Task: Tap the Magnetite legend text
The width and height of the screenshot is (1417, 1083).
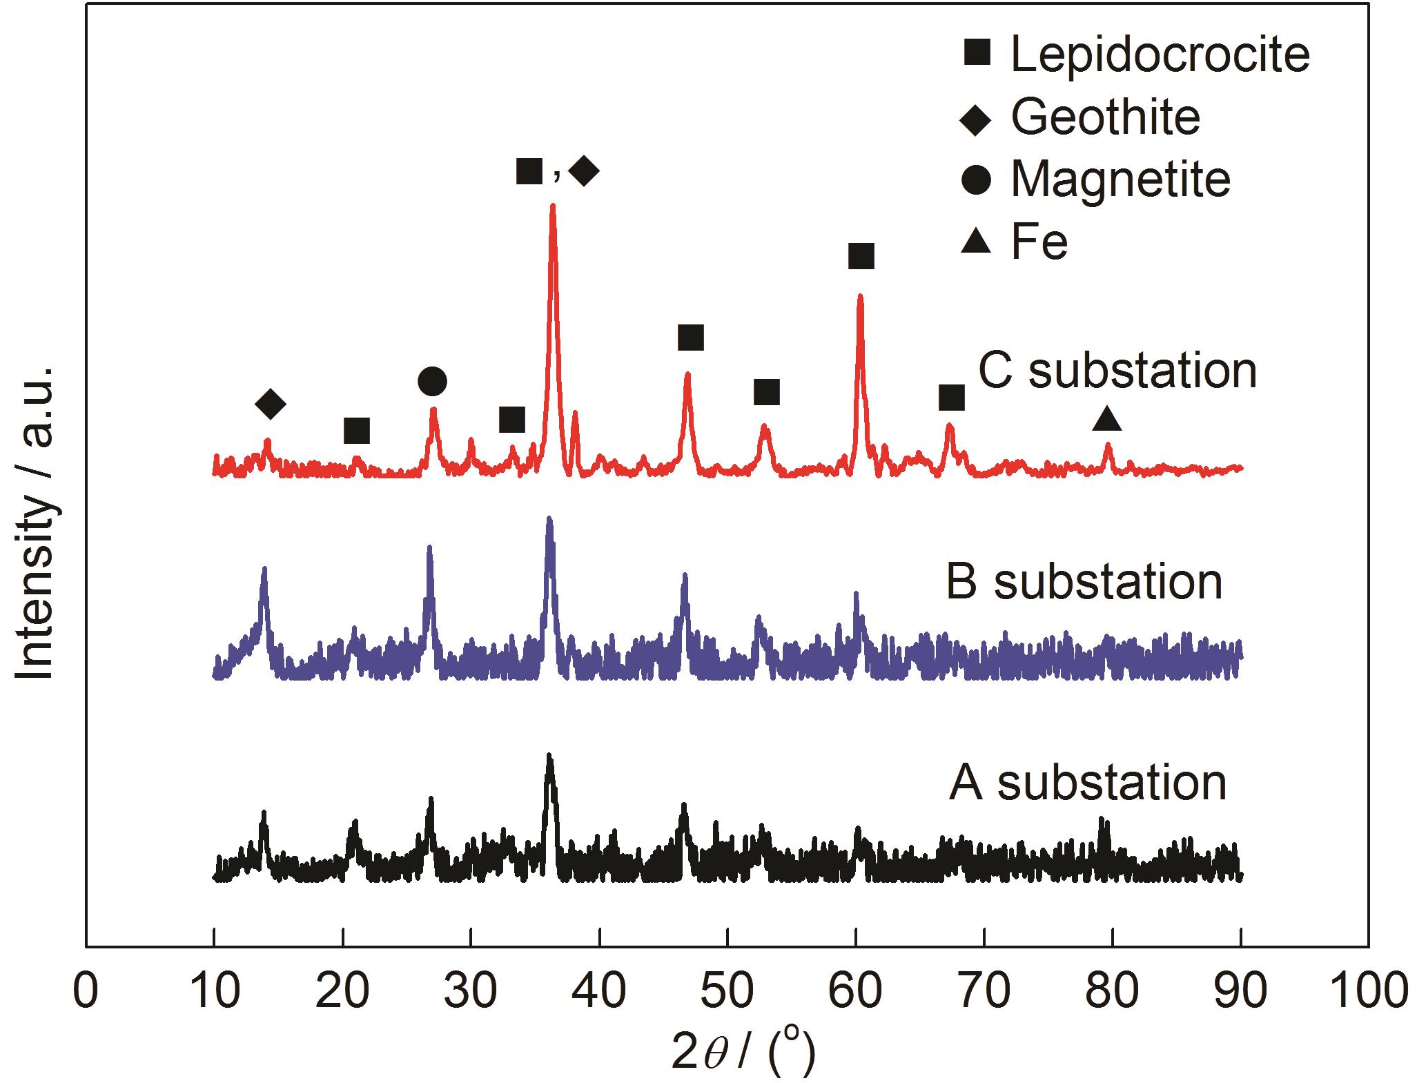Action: tap(1120, 179)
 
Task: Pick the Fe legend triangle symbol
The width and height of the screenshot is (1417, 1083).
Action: tap(976, 241)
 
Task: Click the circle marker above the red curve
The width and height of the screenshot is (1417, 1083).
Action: tap(432, 381)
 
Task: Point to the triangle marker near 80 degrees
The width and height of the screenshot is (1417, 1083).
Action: tap(1106, 418)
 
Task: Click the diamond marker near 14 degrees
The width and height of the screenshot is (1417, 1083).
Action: tap(270, 404)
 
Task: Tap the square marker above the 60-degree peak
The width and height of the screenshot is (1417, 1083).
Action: tap(861, 256)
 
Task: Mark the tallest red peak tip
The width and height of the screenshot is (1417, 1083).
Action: tap(552, 206)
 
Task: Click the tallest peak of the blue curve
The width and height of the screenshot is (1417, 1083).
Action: tap(549, 518)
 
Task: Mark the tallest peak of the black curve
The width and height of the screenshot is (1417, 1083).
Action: tap(549, 756)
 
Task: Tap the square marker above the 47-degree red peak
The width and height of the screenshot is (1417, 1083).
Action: tap(690, 338)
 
